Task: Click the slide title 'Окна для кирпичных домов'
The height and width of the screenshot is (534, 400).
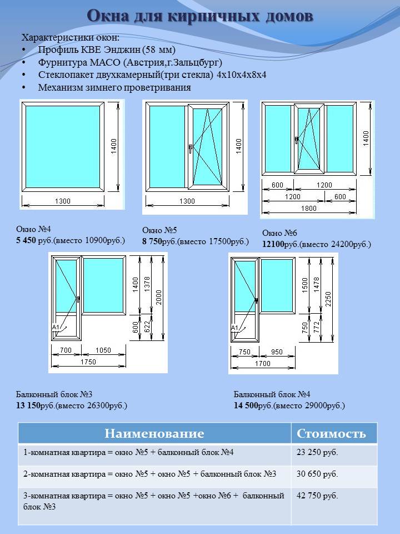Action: [x=200, y=17]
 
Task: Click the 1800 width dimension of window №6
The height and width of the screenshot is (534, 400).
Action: [x=309, y=209]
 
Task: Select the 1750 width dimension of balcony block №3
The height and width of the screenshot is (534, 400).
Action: [x=88, y=362]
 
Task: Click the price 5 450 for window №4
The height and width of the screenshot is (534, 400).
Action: [x=28, y=240]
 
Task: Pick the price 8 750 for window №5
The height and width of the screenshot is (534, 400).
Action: [x=153, y=241]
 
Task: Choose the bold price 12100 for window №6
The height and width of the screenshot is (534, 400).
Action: [x=273, y=244]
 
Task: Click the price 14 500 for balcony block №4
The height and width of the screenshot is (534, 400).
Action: [x=246, y=406]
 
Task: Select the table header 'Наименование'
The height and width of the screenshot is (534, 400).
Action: [x=154, y=434]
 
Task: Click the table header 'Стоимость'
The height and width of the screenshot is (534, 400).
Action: [x=331, y=434]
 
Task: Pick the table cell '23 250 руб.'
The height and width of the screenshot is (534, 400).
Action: [x=318, y=452]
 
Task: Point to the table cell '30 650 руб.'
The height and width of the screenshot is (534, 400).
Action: [x=318, y=474]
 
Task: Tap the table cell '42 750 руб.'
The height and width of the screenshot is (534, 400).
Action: [x=318, y=496]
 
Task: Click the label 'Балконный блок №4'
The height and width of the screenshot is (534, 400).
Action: [x=272, y=394]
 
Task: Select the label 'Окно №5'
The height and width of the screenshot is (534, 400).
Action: [x=159, y=230]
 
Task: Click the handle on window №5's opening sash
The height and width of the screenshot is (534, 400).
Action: [x=191, y=149]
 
